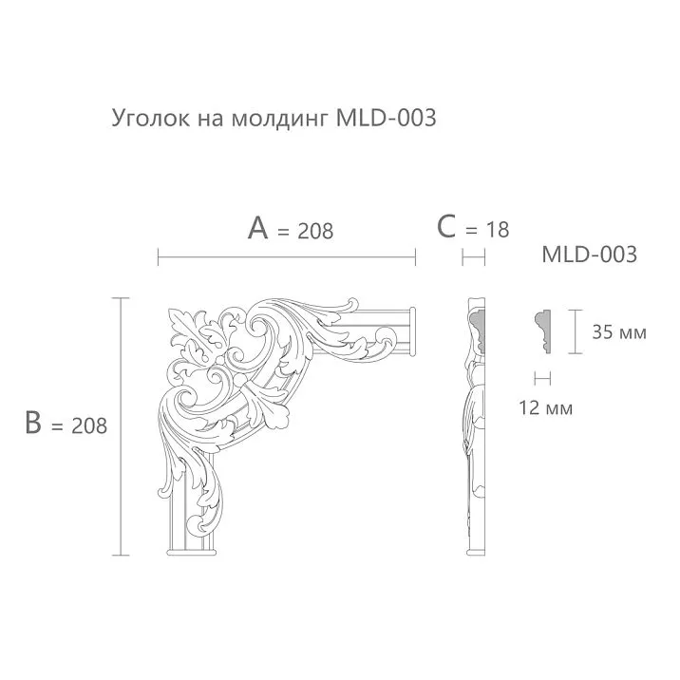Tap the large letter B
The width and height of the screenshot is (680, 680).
(35, 424)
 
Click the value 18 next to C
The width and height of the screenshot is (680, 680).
(497, 230)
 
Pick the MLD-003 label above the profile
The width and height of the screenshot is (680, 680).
(588, 255)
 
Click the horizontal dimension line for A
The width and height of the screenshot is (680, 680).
(286, 256)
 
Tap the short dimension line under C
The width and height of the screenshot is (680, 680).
(473, 256)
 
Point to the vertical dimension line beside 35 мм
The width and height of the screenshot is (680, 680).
(574, 331)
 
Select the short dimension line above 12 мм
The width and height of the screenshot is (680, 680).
(542, 378)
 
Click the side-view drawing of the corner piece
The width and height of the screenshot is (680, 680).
(476, 427)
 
